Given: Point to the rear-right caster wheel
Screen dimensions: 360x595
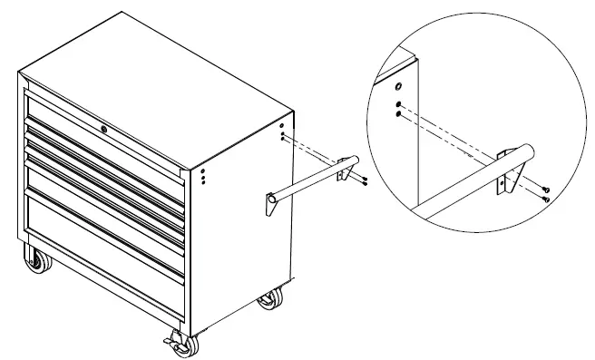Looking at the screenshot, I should click(x=269, y=298).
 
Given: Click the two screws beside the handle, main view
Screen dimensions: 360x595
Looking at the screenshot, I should click(x=362, y=181).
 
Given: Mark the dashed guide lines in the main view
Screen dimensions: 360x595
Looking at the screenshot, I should click(x=313, y=149).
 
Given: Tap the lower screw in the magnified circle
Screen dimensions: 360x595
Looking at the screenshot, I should click(x=548, y=198).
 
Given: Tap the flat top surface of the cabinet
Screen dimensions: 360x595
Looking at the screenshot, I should click(x=154, y=82).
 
